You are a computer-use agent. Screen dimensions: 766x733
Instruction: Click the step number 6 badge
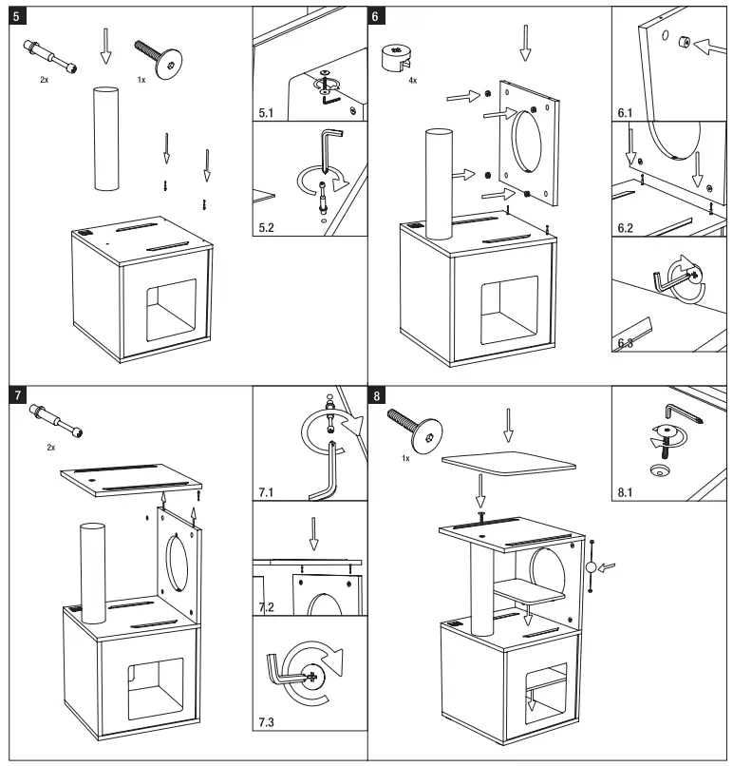(x=377, y=17)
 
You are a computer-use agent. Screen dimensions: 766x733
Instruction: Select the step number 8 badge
(x=377, y=395)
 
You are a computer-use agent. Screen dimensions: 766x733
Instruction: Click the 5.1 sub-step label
(x=267, y=113)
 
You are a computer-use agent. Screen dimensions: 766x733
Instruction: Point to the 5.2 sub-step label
(x=267, y=228)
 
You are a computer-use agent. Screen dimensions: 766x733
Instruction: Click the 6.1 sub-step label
(x=624, y=113)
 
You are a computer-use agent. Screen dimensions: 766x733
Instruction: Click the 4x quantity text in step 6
(x=411, y=81)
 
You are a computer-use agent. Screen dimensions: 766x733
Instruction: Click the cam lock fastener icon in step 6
(x=396, y=57)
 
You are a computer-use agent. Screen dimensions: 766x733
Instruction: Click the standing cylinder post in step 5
(x=106, y=139)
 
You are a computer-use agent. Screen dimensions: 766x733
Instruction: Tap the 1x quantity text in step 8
(x=405, y=457)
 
